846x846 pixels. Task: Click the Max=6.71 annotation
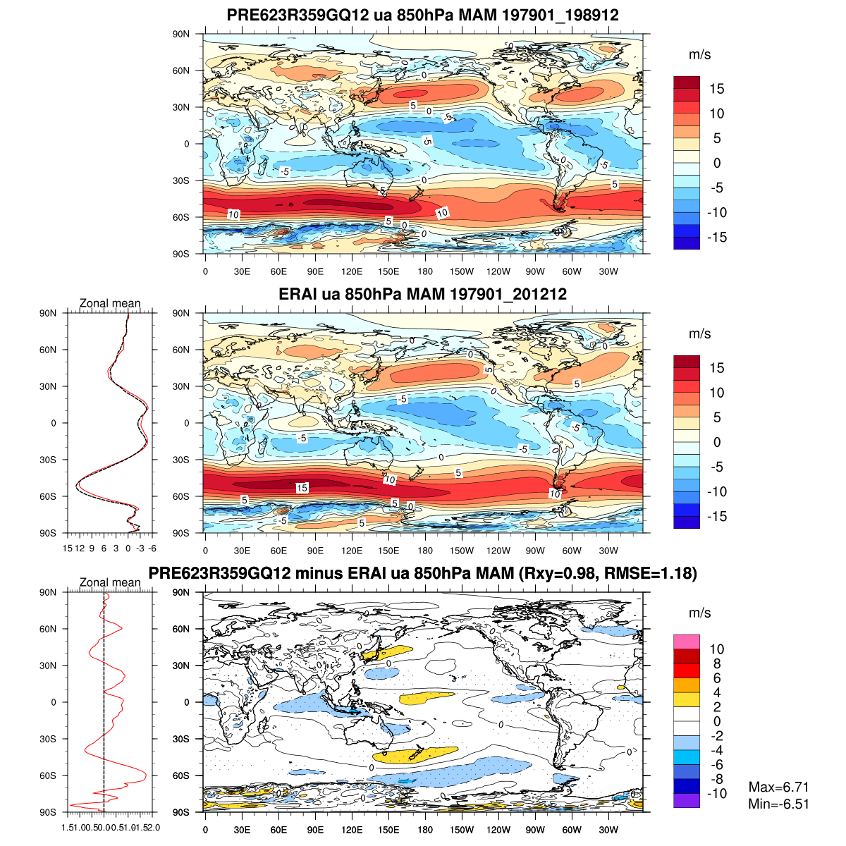point(778,787)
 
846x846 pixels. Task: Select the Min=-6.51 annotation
point(778,804)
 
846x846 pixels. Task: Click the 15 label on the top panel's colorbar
point(716,89)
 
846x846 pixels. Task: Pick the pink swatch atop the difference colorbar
point(687,642)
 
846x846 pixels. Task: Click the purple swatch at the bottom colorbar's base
point(687,801)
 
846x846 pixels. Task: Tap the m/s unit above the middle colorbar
point(699,333)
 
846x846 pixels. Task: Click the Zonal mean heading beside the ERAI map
point(110,303)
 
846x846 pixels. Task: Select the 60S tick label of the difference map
point(181,775)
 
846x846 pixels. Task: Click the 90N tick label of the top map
point(181,34)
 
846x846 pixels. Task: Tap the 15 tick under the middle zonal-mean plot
point(68,548)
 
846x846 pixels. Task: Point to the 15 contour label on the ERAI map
point(302,488)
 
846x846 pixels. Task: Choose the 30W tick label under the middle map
point(608,551)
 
